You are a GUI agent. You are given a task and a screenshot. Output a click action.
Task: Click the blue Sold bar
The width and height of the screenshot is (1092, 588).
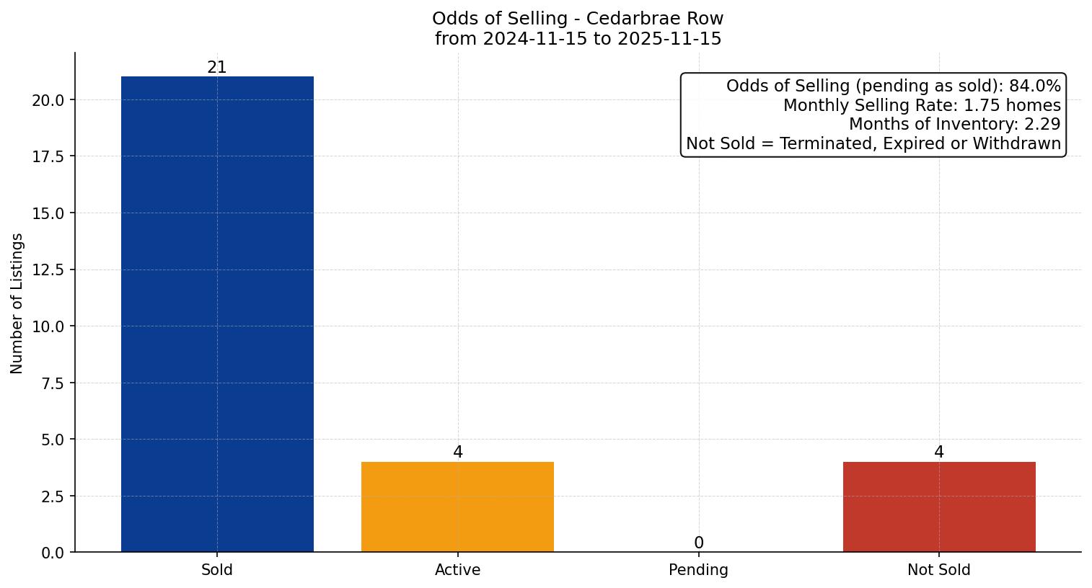click(217, 314)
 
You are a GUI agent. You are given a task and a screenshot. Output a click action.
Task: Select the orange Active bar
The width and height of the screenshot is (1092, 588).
click(457, 507)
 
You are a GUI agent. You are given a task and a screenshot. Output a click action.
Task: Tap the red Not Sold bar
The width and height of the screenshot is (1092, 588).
click(938, 507)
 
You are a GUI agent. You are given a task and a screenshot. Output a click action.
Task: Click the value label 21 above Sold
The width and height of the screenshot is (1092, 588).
click(217, 68)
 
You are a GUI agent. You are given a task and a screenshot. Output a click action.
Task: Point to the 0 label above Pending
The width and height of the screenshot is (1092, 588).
click(698, 543)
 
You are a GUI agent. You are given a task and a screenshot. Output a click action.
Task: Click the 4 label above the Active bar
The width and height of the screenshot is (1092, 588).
click(457, 453)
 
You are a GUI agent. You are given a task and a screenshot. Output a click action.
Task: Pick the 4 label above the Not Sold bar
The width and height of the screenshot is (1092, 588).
click(938, 453)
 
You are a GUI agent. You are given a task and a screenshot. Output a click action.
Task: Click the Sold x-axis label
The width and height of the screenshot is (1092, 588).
click(217, 570)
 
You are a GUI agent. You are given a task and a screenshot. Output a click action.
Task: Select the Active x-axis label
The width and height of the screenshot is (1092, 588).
click(457, 570)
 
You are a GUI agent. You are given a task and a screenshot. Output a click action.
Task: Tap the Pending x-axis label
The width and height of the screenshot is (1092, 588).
click(698, 570)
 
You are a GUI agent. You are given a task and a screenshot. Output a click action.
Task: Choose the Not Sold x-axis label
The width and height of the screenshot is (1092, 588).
click(938, 570)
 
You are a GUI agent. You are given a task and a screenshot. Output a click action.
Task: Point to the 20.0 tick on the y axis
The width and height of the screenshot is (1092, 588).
click(48, 100)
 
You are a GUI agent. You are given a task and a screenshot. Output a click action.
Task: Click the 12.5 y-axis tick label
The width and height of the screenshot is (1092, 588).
click(48, 270)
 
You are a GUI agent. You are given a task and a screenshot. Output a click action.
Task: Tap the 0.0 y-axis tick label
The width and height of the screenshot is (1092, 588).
click(52, 553)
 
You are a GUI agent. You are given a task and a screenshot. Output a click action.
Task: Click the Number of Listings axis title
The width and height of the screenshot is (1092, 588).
click(17, 303)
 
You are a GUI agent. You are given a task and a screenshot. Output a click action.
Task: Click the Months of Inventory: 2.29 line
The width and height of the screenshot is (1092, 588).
click(954, 124)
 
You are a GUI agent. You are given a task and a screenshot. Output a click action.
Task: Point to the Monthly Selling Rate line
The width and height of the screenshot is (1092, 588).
click(922, 105)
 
